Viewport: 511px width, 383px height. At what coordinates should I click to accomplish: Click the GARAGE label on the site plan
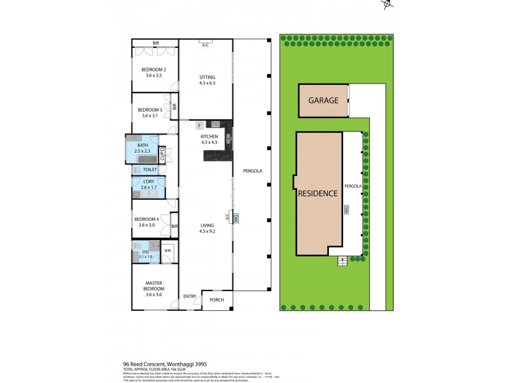coord(323,101)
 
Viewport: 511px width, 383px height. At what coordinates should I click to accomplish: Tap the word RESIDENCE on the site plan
coord(317,193)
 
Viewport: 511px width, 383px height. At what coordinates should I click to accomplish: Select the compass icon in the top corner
coord(386,4)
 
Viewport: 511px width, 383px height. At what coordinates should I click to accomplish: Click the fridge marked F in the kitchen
coord(199,125)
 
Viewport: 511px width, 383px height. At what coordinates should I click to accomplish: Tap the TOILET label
coord(149,170)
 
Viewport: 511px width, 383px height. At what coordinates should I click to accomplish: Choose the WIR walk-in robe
coord(167,251)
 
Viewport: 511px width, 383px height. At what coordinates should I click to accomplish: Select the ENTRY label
coord(190,296)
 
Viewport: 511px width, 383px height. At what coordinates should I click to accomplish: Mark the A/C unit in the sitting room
coord(206,45)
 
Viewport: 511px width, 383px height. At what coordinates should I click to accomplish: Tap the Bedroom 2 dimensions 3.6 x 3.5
coord(153,75)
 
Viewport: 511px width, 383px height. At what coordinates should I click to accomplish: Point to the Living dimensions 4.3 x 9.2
coord(207,231)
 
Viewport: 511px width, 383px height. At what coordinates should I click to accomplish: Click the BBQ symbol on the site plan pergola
coord(347,209)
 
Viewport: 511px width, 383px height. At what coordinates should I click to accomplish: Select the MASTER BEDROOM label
coord(153,286)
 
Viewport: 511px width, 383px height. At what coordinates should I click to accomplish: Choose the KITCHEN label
coord(210,137)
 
